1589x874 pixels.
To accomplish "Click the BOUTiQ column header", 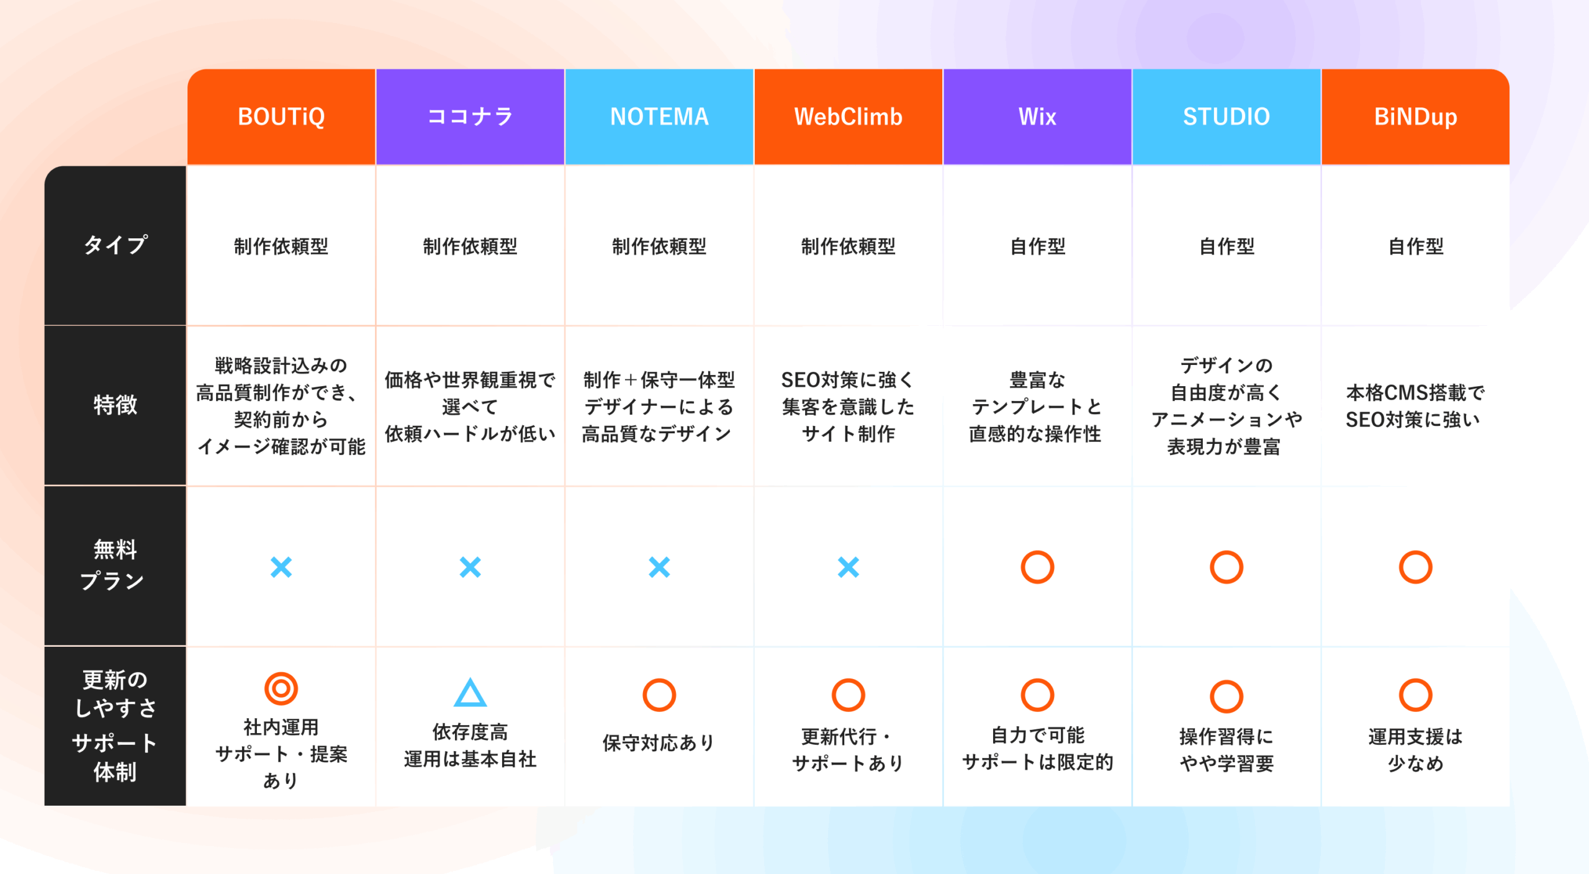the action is point(281,117).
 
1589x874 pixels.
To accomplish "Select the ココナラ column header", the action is point(470,117).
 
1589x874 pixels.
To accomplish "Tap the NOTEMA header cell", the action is point(659,117).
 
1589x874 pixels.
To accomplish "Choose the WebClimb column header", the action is point(848,117).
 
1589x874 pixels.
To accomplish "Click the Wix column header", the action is point(1037,117).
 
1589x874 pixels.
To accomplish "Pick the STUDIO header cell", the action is point(1227,117).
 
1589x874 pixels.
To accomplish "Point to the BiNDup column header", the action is point(1415,117).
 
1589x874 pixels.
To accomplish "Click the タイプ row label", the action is point(115,245).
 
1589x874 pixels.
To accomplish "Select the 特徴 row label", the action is point(115,405).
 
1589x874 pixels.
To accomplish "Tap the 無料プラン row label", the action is point(113,565).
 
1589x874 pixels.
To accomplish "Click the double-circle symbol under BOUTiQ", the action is point(281,688).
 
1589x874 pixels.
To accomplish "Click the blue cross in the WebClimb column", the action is point(848,567).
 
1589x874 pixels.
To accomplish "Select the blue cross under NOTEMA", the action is point(659,567).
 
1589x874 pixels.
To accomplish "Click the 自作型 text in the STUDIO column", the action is point(1227,246).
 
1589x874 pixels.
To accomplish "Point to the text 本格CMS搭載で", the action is point(1415,392).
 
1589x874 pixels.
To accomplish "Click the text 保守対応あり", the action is point(659,742).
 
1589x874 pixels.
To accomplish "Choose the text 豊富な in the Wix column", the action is point(1037,380).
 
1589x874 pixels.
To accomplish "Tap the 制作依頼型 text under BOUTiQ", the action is point(281,246).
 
